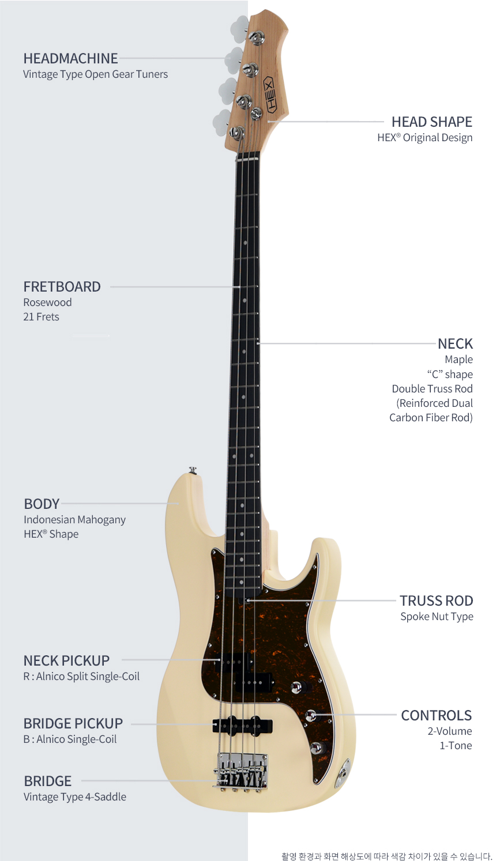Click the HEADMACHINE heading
pyautogui.click(x=71, y=58)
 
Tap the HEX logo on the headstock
pyautogui.click(x=269, y=94)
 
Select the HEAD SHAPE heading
pyautogui.click(x=432, y=122)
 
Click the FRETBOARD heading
pyautogui.click(x=62, y=287)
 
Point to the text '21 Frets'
pyautogui.click(x=41, y=317)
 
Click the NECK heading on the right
pyautogui.click(x=455, y=343)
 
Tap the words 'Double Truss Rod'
pyautogui.click(x=432, y=388)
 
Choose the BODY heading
pyautogui.click(x=42, y=504)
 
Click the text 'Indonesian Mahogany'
pyautogui.click(x=74, y=520)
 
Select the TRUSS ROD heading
pyautogui.click(x=437, y=601)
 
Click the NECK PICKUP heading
pyautogui.click(x=66, y=661)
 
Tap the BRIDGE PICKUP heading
pyautogui.click(x=73, y=723)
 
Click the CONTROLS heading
pyautogui.click(x=437, y=715)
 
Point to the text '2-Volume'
pyautogui.click(x=450, y=731)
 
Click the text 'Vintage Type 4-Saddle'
pyautogui.click(x=75, y=797)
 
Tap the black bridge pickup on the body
pyautogui.click(x=242, y=725)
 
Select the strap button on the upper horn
pyautogui.click(x=193, y=470)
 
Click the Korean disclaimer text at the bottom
pyautogui.click(x=387, y=856)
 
